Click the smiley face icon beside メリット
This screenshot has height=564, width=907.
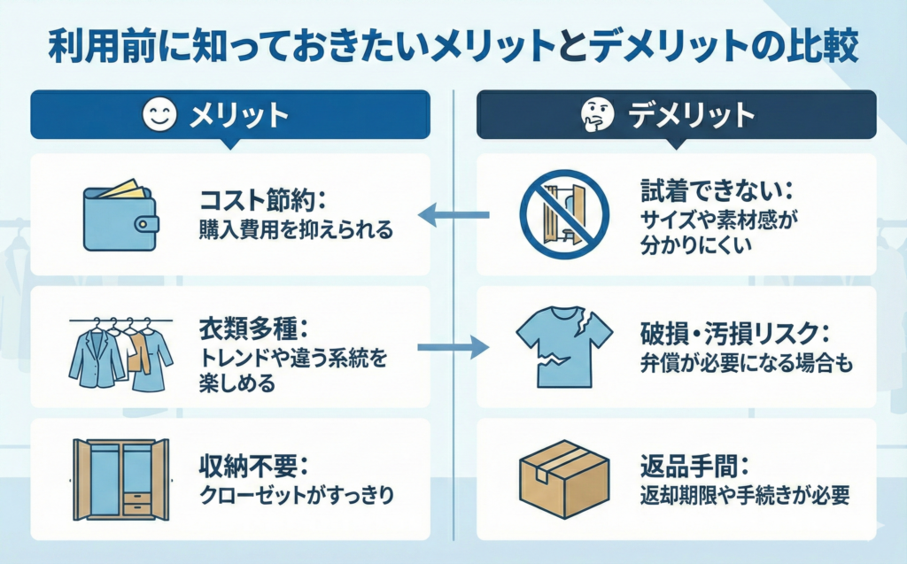[x=158, y=115]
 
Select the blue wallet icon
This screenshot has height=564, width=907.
[x=120, y=216]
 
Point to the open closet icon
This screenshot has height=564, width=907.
[x=120, y=479]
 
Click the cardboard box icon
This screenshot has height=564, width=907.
[x=564, y=479]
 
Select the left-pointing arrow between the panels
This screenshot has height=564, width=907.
[x=454, y=214]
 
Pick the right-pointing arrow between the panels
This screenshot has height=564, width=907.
[x=453, y=346]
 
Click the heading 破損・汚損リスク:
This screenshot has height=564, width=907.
[x=735, y=333]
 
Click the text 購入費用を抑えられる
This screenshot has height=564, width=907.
[x=296, y=230]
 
